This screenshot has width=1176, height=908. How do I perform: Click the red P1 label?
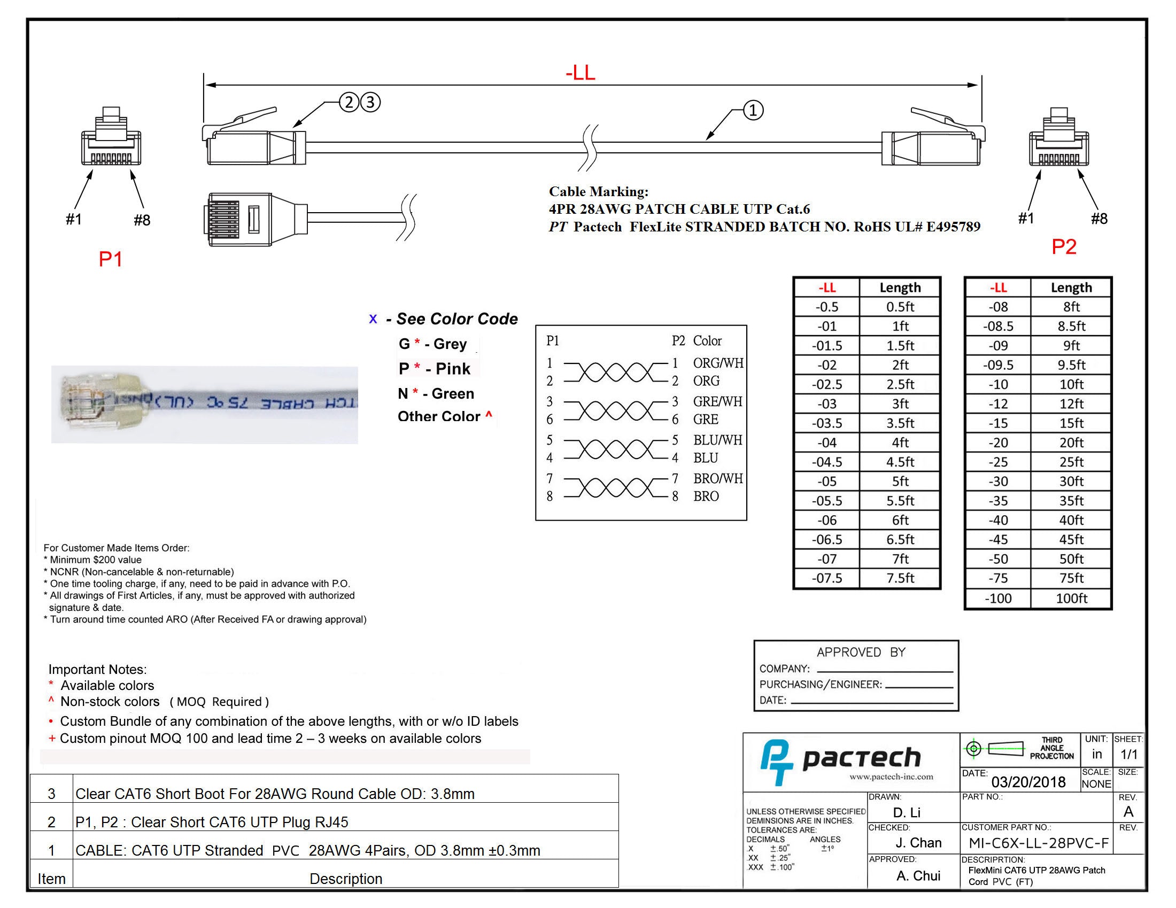click(111, 259)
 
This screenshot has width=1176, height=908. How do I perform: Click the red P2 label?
click(1063, 247)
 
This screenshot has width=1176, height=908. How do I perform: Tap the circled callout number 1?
click(753, 111)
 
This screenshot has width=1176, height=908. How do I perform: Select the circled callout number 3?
click(370, 102)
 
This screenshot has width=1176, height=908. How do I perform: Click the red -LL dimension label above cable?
click(580, 73)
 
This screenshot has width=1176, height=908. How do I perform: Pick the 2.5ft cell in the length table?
click(900, 384)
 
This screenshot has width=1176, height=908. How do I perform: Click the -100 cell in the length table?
click(998, 598)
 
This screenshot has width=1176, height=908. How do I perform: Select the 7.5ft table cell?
click(900, 578)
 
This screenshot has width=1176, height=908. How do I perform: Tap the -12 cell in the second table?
click(998, 403)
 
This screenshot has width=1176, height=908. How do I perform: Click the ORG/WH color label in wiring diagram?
click(718, 363)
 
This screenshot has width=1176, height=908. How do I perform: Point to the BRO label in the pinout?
click(706, 496)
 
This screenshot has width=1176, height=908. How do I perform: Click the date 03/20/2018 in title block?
click(1028, 782)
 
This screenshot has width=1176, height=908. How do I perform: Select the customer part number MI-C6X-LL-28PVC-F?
click(1038, 843)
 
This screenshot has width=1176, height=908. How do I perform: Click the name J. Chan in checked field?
click(918, 843)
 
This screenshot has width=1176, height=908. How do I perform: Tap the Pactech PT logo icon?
click(776, 761)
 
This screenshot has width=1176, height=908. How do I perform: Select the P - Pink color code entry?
click(435, 369)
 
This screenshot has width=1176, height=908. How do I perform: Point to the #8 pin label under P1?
click(142, 220)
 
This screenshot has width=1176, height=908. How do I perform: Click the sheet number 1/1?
click(1128, 755)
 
